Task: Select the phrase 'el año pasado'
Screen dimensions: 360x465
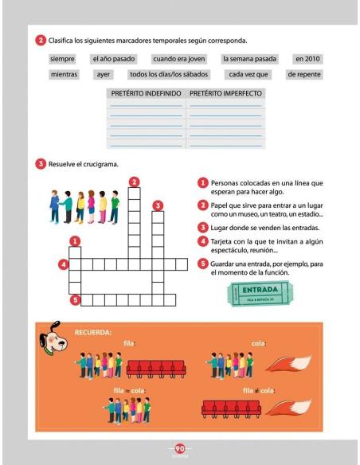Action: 114,59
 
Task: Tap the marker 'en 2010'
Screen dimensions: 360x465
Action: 307,59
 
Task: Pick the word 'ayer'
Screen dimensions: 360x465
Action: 103,75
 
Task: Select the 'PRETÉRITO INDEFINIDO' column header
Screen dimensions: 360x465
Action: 144,93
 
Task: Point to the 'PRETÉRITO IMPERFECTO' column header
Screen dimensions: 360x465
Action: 225,93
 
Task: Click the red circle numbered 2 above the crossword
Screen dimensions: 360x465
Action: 135,181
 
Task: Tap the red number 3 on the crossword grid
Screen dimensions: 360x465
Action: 158,205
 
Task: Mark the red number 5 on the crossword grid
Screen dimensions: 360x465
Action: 75,300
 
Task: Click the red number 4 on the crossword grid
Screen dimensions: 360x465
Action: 63,264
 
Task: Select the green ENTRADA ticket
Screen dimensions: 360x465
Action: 259,293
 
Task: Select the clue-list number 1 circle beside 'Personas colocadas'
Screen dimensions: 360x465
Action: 204,184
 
